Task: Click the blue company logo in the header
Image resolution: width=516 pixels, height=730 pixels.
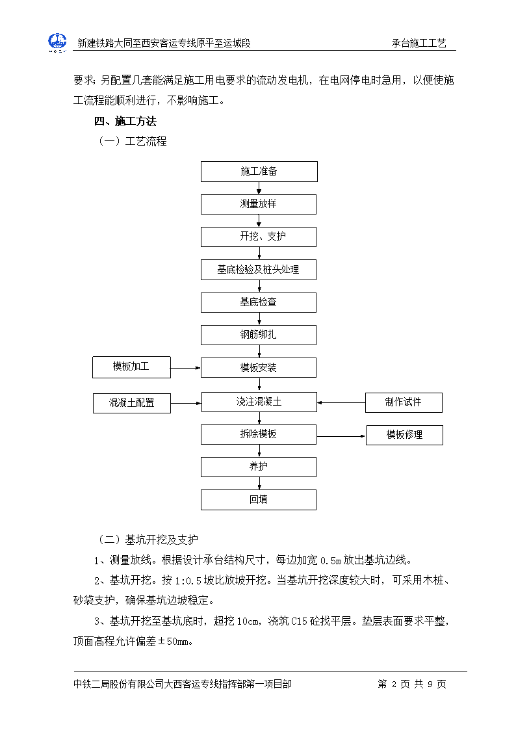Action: click(57, 42)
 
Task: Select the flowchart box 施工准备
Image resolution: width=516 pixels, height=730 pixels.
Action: click(259, 172)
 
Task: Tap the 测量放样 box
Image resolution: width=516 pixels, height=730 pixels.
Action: click(259, 204)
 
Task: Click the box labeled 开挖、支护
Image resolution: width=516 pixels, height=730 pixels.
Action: click(259, 237)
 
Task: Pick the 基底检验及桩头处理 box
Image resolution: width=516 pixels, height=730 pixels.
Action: click(259, 270)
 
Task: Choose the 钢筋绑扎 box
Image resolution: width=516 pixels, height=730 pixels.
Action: click(259, 335)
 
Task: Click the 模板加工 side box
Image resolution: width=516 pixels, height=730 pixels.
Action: click(132, 367)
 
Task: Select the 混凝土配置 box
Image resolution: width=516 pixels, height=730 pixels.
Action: click(132, 403)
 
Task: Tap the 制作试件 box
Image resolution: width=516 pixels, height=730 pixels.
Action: click(404, 403)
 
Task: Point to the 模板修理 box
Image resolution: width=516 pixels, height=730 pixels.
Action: click(404, 436)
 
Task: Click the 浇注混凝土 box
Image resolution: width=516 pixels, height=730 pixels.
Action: click(259, 402)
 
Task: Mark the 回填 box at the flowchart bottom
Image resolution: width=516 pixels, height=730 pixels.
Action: click(259, 500)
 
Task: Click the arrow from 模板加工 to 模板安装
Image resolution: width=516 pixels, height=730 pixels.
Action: click(186, 368)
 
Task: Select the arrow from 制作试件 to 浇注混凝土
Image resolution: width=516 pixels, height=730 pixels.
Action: click(341, 403)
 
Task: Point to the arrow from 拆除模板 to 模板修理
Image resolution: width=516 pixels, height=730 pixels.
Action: click(341, 436)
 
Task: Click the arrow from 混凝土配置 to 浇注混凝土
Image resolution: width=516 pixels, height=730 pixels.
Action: click(186, 403)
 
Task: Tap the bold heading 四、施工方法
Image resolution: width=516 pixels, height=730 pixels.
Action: click(125, 122)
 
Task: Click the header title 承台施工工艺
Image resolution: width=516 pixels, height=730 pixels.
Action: click(419, 44)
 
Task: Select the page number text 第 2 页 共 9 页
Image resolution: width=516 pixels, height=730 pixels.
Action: click(412, 684)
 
